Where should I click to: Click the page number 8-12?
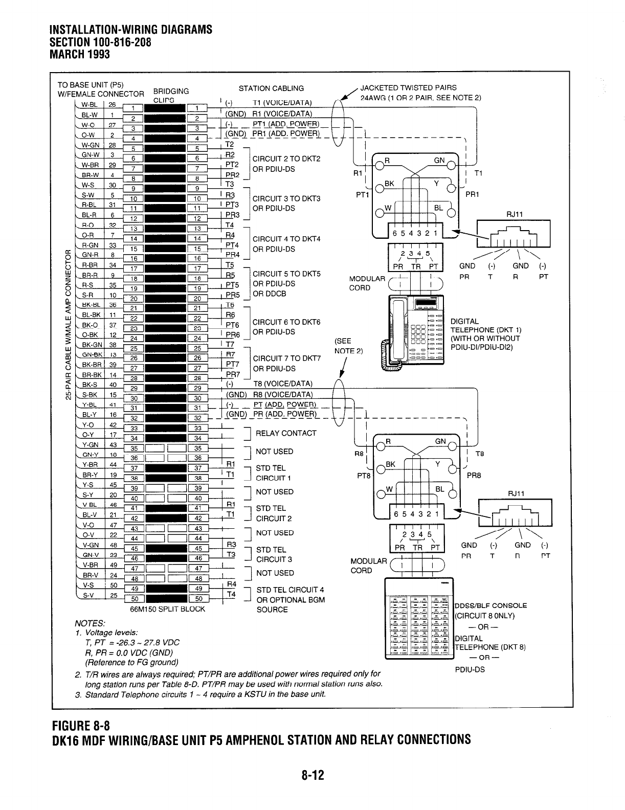click(312, 776)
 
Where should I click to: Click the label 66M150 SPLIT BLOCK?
click(168, 609)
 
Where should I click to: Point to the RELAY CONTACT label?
click(286, 433)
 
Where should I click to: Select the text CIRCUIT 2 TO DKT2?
click(286, 159)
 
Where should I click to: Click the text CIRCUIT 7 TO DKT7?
click(286, 358)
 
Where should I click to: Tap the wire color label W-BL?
click(88, 104)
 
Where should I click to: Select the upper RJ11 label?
click(514, 215)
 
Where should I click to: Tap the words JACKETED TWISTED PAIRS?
click(408, 87)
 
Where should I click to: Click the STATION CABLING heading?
click(271, 88)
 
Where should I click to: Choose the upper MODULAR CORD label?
click(367, 283)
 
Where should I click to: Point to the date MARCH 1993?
click(79, 54)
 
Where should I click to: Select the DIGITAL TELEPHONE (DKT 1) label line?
click(485, 329)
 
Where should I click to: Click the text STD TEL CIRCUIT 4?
click(290, 590)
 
